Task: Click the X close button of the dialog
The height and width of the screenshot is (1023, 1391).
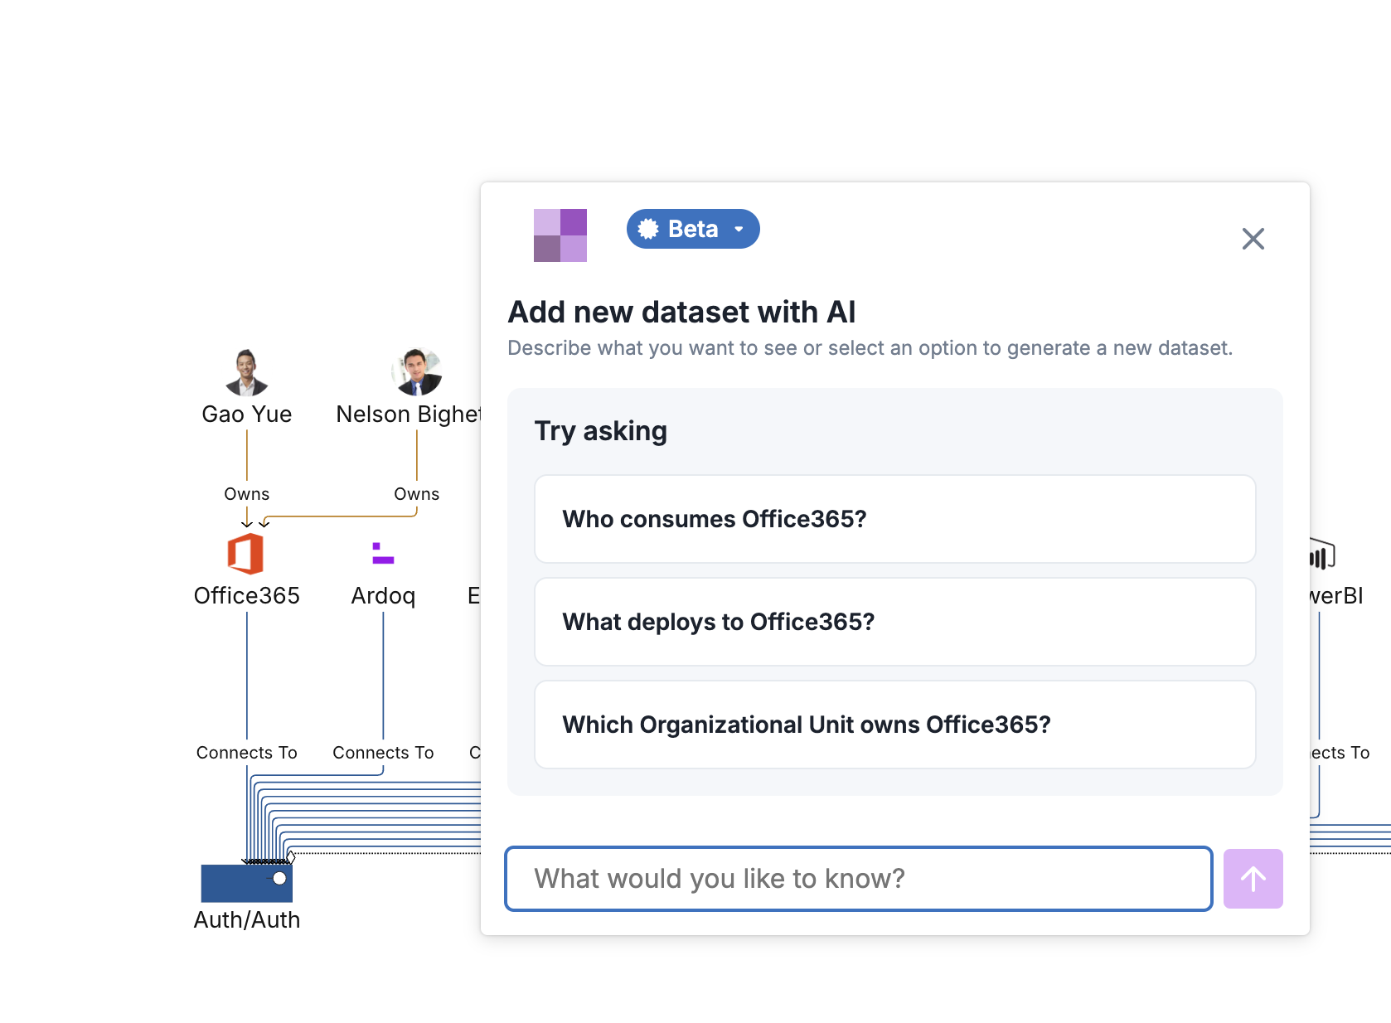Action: click(x=1253, y=239)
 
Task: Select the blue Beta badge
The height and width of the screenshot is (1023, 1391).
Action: click(x=693, y=229)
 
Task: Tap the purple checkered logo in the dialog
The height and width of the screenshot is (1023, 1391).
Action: click(x=560, y=235)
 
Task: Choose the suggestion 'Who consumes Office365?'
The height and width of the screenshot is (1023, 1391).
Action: click(x=894, y=519)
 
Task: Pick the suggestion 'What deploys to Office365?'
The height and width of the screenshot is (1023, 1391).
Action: click(x=894, y=621)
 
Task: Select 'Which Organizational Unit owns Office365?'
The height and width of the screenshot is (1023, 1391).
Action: click(x=894, y=725)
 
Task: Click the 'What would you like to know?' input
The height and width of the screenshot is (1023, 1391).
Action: click(x=859, y=878)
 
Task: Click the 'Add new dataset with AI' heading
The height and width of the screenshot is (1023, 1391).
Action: click(x=681, y=312)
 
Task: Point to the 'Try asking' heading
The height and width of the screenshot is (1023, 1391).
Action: click(x=600, y=431)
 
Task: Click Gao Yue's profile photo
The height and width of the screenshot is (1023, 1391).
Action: click(x=246, y=372)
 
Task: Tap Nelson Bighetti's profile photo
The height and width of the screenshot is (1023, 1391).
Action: click(x=416, y=371)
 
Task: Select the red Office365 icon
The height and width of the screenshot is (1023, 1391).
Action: click(x=246, y=554)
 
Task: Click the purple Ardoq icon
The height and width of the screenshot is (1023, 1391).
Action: click(x=382, y=553)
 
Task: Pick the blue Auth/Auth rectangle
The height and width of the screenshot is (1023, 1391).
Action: click(x=246, y=883)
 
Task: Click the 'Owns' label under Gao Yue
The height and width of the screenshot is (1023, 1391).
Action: click(x=246, y=494)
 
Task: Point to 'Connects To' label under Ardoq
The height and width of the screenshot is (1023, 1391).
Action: click(x=383, y=752)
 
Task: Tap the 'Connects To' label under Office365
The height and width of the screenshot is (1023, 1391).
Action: click(x=246, y=752)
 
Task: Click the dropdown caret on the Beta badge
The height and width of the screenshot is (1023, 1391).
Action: click(x=739, y=229)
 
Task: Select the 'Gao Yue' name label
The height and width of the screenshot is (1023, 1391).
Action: click(x=246, y=414)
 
